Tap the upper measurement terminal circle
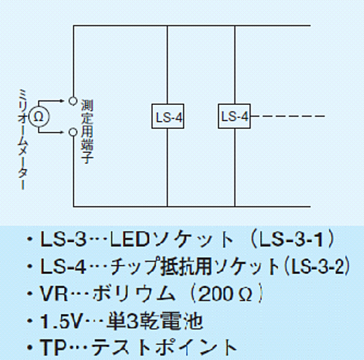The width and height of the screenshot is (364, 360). tap(73, 101)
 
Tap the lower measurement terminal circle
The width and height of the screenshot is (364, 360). tap(73, 133)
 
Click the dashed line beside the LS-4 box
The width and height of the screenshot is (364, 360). tap(288, 116)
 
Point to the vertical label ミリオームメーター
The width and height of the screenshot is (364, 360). tap(23, 139)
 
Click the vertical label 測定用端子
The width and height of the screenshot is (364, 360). tap(87, 132)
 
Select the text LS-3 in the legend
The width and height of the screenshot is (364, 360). tap(63, 239)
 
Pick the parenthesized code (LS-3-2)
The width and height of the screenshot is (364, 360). tap(317, 266)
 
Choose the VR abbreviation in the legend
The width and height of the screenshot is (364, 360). tap(54, 294)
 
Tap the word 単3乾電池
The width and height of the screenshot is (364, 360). tap(154, 321)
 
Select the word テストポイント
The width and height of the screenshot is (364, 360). tap(165, 348)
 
